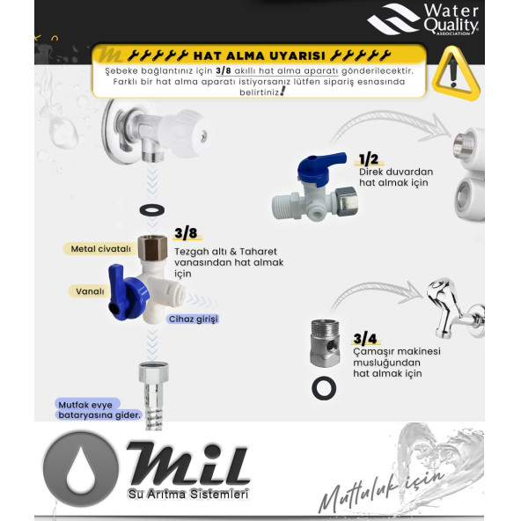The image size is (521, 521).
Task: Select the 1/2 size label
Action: [x=368, y=159]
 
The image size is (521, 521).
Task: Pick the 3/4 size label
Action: [x=365, y=338]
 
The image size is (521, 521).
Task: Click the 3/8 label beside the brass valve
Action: [x=186, y=233]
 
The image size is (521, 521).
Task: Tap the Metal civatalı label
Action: [x=99, y=249]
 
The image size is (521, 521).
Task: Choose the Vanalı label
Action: [x=87, y=290]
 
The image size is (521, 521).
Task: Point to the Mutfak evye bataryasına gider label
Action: [x=99, y=409]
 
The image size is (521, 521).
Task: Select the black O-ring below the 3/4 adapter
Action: [x=323, y=387]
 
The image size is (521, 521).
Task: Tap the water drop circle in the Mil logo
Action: [x=80, y=466]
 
